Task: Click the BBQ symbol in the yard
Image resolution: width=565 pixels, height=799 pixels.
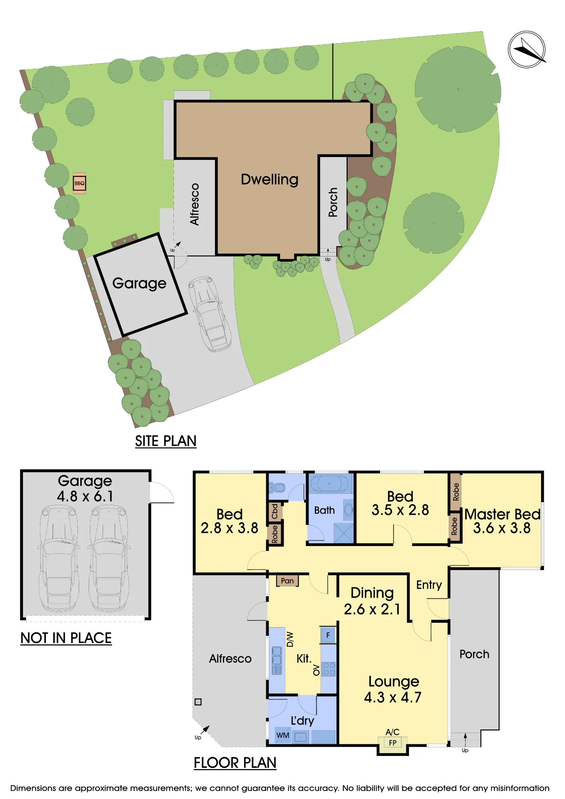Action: (80, 183)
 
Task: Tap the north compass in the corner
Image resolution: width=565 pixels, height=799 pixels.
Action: (527, 50)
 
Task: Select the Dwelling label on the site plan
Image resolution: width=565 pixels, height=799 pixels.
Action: (270, 179)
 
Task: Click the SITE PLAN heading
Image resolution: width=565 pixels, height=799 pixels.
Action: (166, 441)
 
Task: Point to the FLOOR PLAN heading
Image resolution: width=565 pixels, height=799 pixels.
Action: (235, 763)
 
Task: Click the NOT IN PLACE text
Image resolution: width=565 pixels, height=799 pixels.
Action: (66, 638)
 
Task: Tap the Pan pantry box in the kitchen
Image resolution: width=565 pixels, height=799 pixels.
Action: (287, 580)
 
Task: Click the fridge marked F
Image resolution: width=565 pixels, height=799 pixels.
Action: (328, 635)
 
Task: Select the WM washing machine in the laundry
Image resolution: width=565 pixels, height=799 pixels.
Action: (283, 735)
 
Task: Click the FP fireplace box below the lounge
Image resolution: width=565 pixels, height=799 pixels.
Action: (393, 743)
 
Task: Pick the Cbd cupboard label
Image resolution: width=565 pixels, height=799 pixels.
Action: (275, 511)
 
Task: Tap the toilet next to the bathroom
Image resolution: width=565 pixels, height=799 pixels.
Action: (277, 488)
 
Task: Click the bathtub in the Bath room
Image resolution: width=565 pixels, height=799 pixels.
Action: (330, 483)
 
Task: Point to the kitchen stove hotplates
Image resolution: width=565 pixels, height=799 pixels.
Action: (329, 669)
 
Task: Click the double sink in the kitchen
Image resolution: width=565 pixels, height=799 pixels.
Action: (277, 660)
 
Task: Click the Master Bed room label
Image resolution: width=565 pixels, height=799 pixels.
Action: (502, 514)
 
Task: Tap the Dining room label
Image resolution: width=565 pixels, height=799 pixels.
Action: (372, 593)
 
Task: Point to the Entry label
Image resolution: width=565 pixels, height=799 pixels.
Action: (429, 585)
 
